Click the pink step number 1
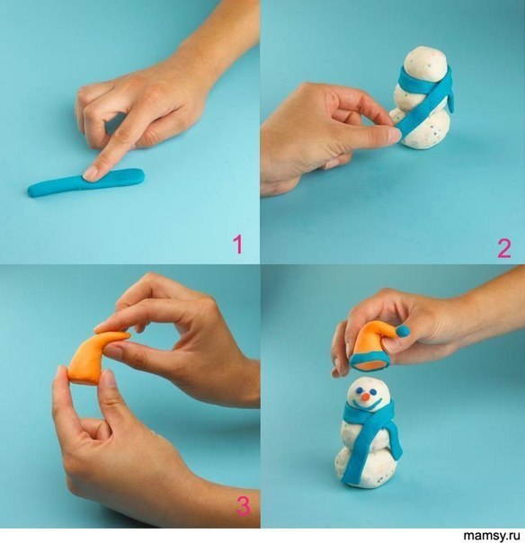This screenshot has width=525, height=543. click(x=237, y=245)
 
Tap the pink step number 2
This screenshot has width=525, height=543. click(x=504, y=248)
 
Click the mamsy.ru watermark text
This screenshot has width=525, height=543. click(x=492, y=536)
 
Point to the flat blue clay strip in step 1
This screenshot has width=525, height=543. click(x=86, y=182)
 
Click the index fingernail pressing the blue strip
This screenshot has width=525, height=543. click(x=91, y=173)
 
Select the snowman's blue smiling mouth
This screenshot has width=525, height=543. click(x=369, y=405)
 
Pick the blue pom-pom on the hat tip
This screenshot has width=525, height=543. click(x=402, y=332)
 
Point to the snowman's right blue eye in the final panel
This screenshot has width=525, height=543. click(x=373, y=391)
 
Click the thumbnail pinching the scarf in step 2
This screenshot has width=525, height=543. click(x=394, y=134)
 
